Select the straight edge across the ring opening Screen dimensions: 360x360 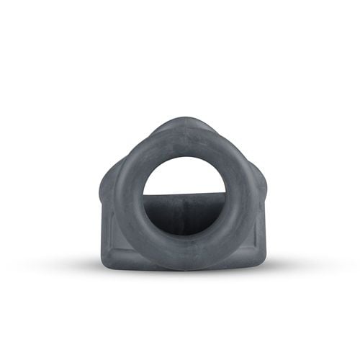[x=184, y=194]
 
